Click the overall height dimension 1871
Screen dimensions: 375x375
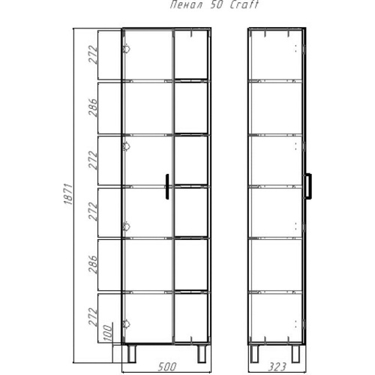68,194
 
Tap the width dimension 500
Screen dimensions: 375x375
167,367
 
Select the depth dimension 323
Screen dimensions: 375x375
277,367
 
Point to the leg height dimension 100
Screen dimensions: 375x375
108,333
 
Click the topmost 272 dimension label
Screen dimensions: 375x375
92,55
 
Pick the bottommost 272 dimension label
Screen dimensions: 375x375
92,316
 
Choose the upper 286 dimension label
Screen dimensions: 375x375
92,107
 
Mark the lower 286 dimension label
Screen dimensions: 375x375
92,264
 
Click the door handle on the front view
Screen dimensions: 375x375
167,187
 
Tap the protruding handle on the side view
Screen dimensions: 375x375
308,186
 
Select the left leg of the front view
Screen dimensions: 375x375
132,353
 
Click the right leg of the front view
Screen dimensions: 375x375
202,353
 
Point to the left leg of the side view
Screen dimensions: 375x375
255,353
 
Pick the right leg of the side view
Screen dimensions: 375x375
295,353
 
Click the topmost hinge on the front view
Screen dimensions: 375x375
126,49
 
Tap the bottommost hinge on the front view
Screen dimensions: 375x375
126,324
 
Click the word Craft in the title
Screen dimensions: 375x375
244,4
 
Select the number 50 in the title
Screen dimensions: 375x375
217,5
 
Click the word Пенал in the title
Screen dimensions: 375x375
187,5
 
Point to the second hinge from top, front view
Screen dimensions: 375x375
126,146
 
